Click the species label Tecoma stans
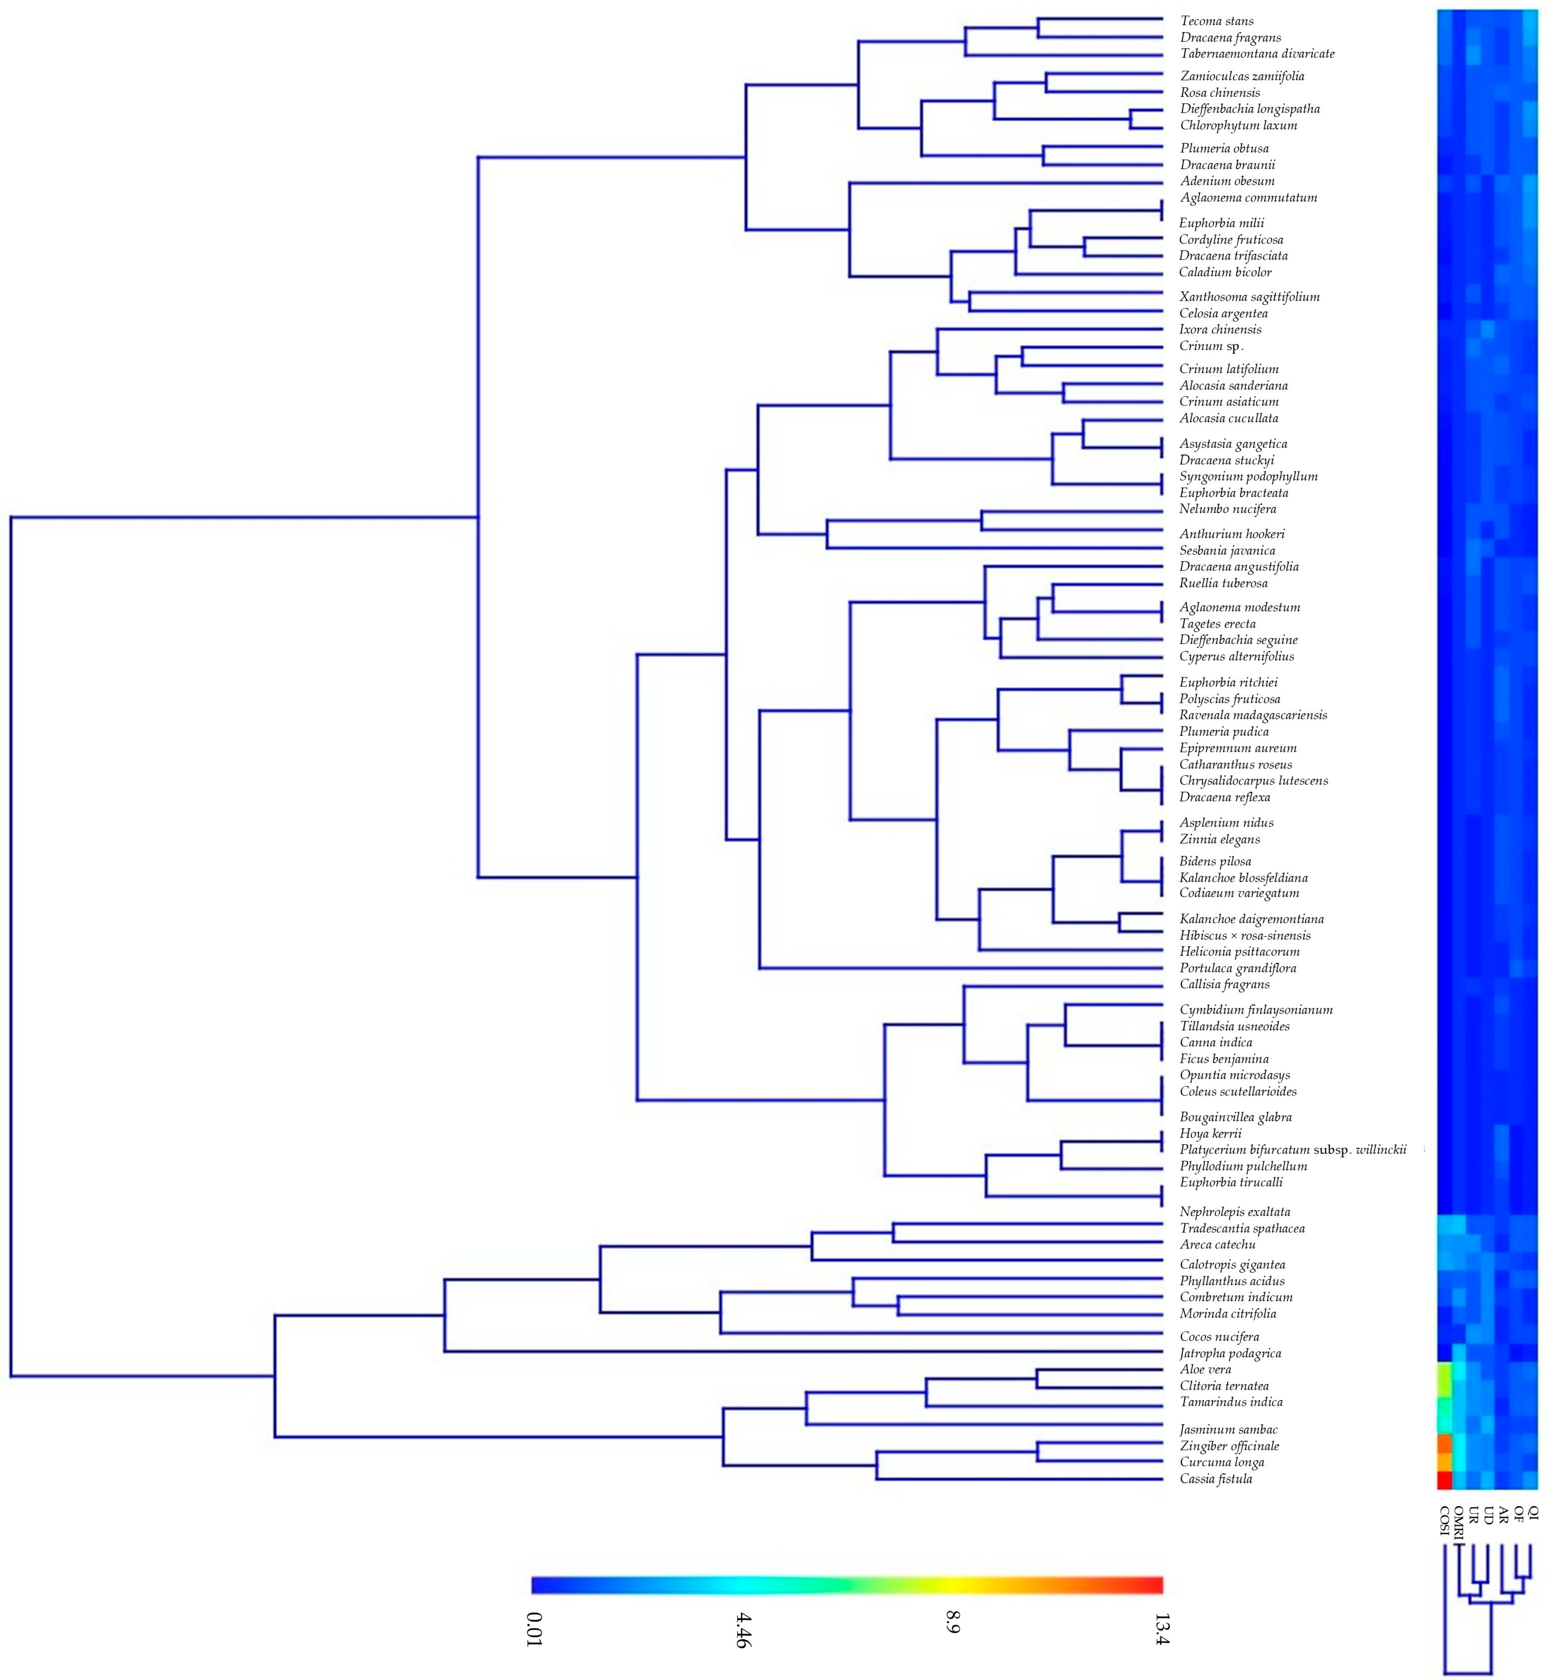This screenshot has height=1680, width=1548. tap(1216, 21)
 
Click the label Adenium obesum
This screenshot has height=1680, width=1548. tap(1227, 181)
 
